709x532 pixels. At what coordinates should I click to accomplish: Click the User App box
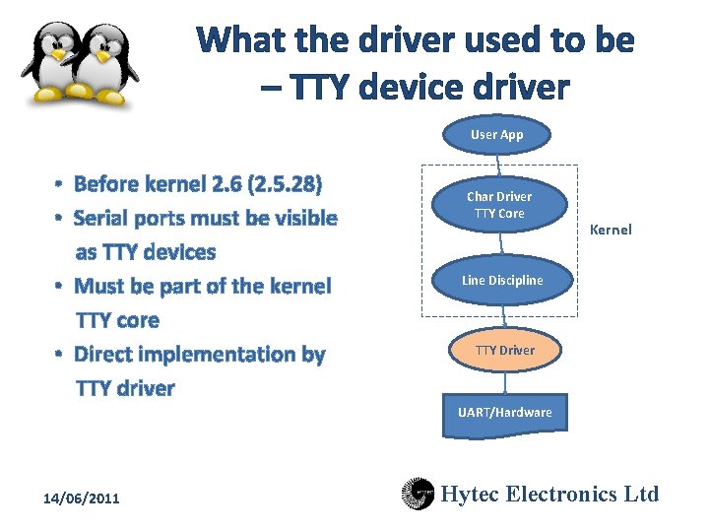pos(496,135)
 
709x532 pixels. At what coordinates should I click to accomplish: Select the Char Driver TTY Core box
pos(498,205)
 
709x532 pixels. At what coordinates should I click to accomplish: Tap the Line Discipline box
pos(502,281)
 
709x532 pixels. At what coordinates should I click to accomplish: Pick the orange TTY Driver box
pos(504,350)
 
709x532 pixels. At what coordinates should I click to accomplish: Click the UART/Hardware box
pos(504,412)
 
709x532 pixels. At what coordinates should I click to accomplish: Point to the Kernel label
pos(610,230)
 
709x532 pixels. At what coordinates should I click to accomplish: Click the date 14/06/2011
pos(81,499)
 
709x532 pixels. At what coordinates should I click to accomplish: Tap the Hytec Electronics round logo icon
pos(418,494)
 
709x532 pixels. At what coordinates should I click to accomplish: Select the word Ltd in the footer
pos(640,494)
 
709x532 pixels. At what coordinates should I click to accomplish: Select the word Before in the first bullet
pos(106,184)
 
